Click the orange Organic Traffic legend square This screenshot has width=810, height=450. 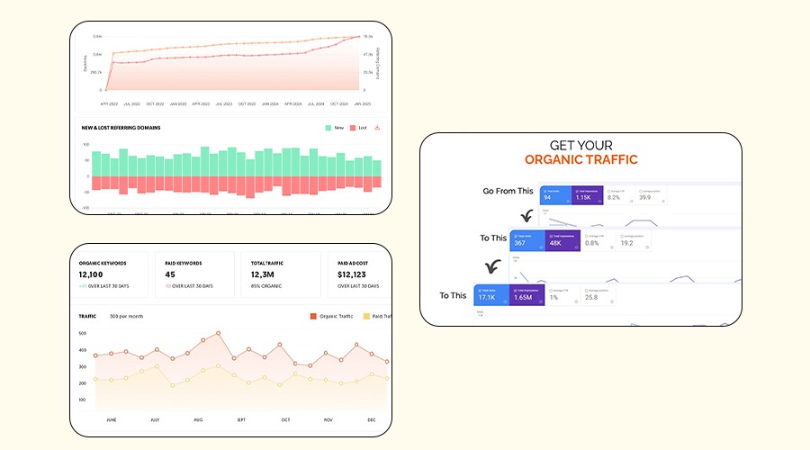(x=313, y=316)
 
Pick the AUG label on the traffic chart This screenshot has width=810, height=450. (x=199, y=419)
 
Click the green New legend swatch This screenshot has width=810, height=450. (x=328, y=128)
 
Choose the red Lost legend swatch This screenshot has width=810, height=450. (x=354, y=128)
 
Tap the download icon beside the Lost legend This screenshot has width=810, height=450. (x=377, y=128)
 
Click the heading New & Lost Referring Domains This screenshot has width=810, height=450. (x=121, y=128)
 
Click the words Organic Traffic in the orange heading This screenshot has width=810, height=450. (x=580, y=160)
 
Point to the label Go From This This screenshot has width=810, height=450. (x=508, y=191)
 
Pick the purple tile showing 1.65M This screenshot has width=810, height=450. (x=525, y=298)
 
